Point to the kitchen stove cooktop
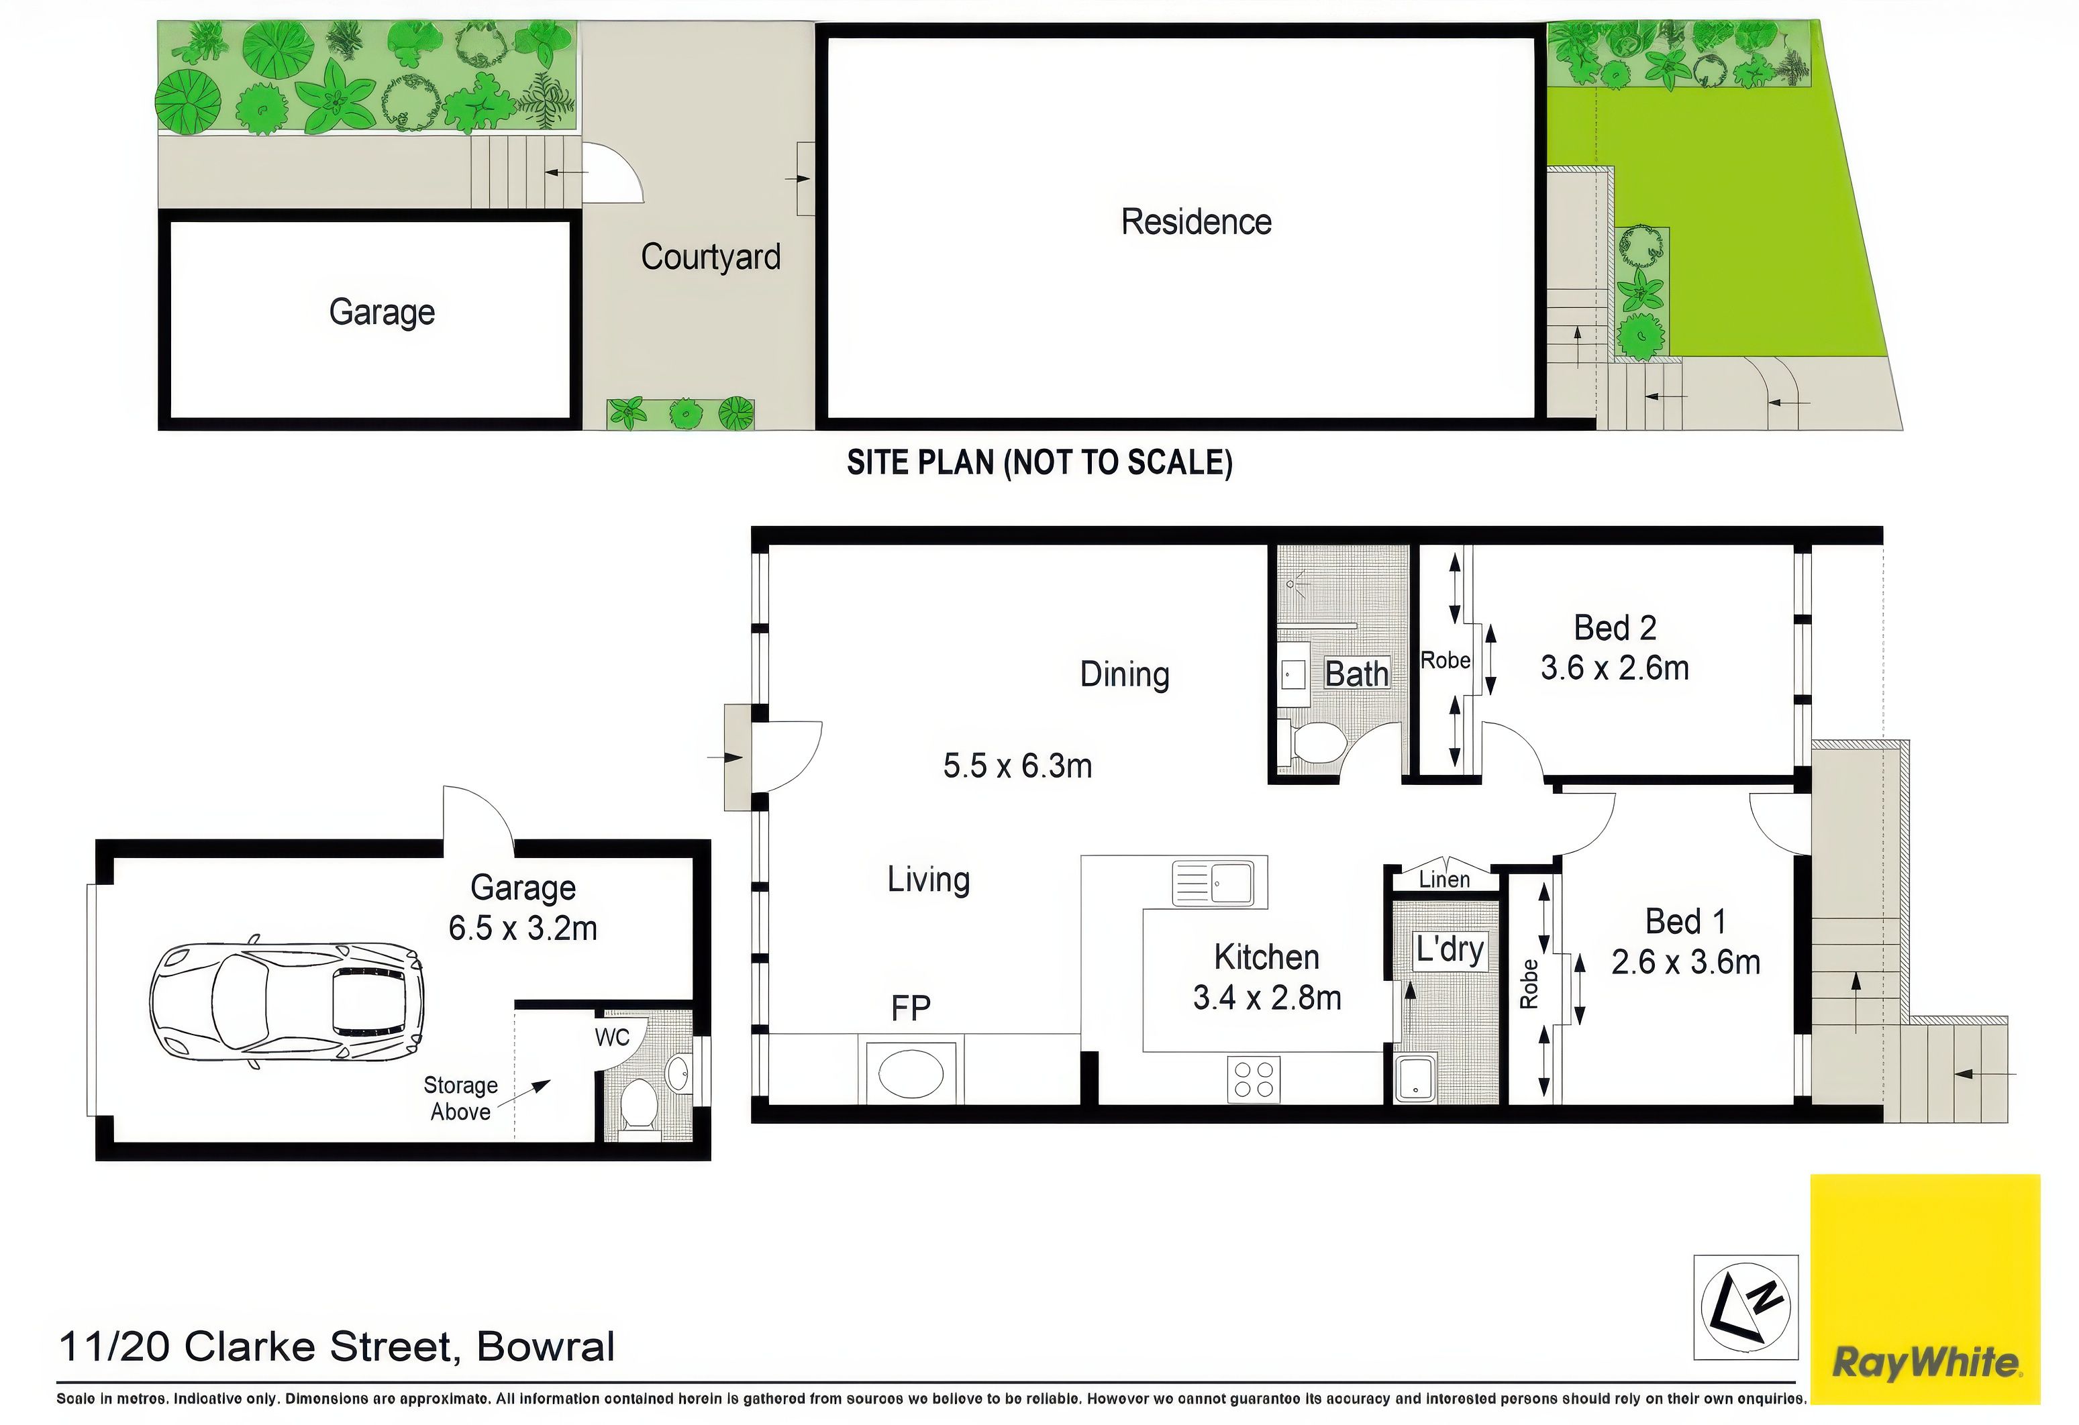click(x=1254, y=1079)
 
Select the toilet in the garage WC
click(x=639, y=1106)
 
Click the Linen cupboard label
click(x=1444, y=880)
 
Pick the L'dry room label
click(x=1450, y=949)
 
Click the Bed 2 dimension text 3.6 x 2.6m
click(x=1615, y=668)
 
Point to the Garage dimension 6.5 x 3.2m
click(x=523, y=928)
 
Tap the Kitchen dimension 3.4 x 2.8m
click(x=1267, y=998)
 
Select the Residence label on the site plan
click(x=1196, y=222)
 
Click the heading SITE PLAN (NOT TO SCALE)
click(x=1039, y=462)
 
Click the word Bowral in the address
click(x=546, y=1347)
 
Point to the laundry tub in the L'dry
click(x=1415, y=1079)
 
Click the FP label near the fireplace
click(x=911, y=1009)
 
